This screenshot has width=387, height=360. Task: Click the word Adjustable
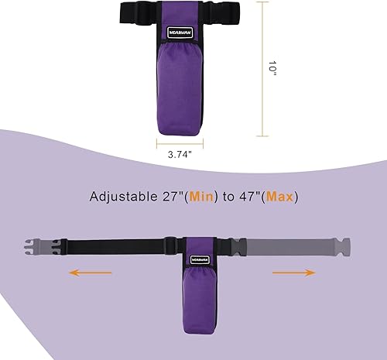(123, 197)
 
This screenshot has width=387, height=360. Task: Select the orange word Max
(280, 197)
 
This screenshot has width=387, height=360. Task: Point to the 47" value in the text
(249, 197)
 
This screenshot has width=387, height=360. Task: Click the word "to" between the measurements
(229, 197)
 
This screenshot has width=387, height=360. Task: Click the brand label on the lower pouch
(198, 252)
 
